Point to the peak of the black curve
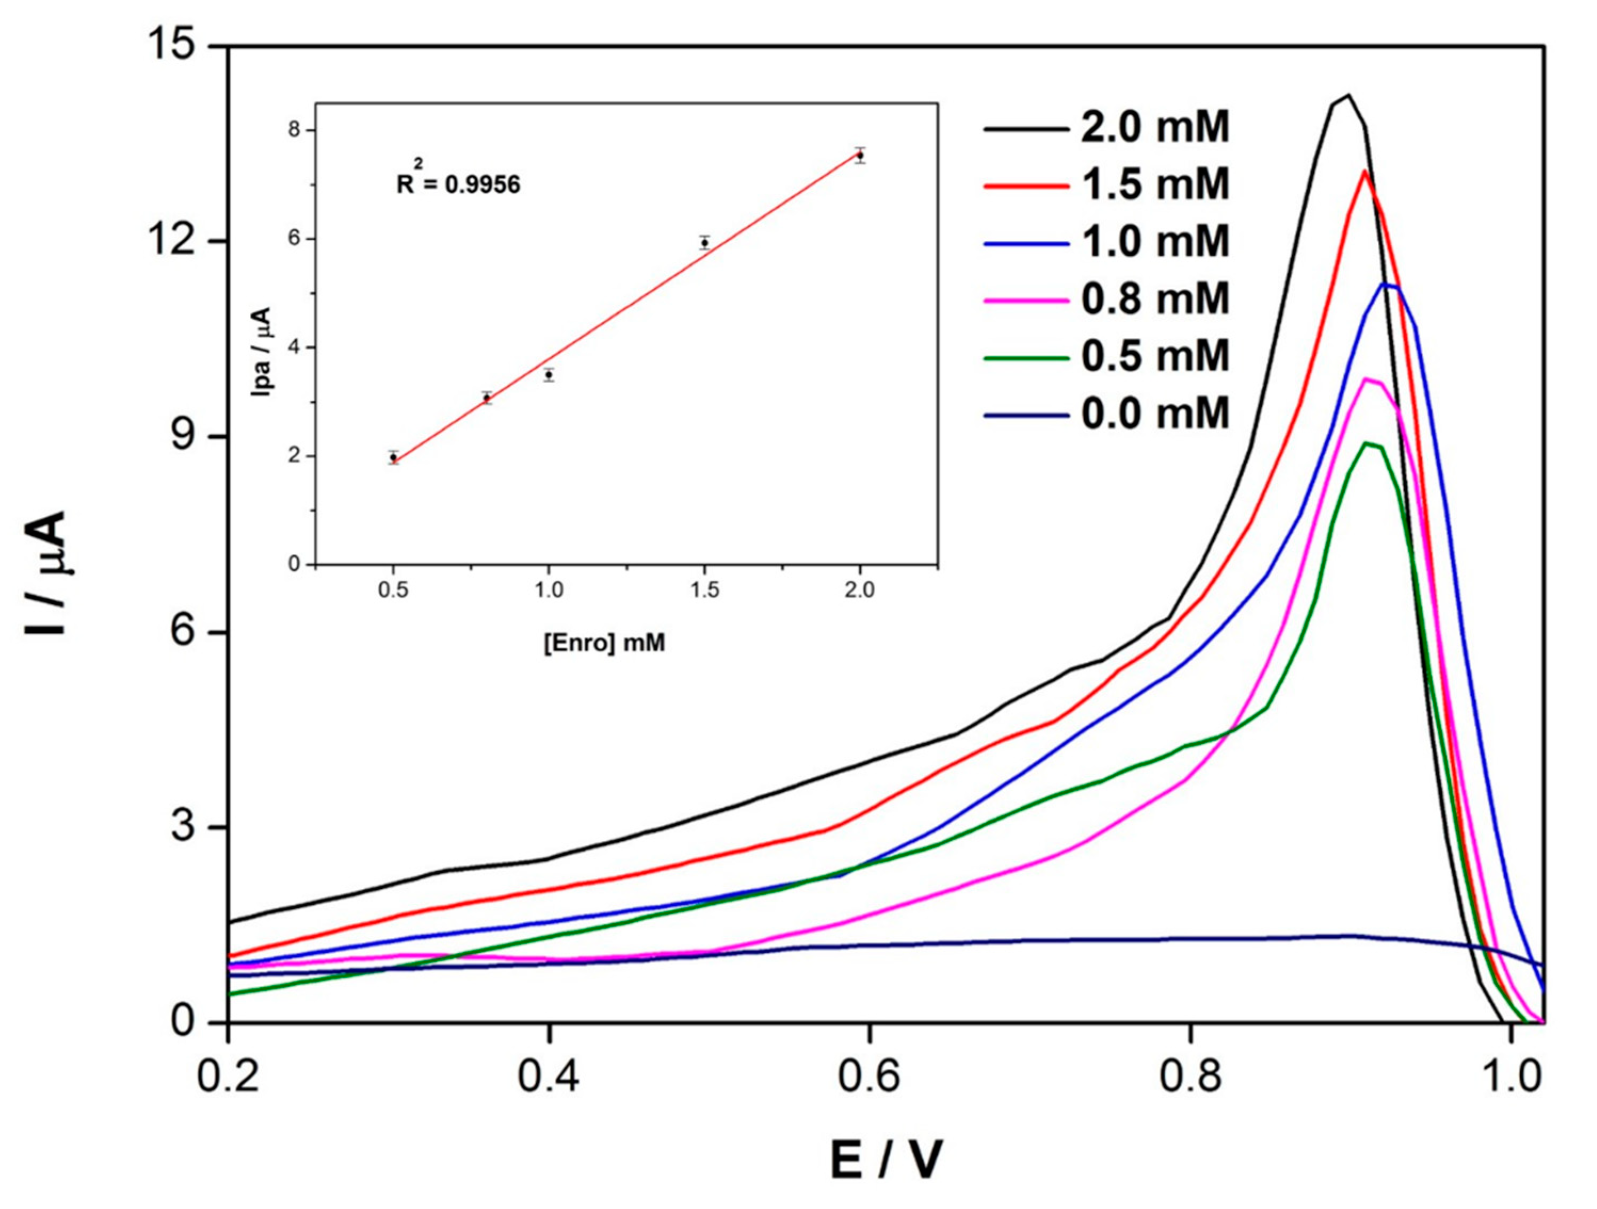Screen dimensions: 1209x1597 (1347, 116)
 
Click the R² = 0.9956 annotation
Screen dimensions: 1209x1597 (458, 183)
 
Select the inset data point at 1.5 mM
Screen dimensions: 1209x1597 (705, 242)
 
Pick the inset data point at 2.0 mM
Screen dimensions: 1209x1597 (860, 155)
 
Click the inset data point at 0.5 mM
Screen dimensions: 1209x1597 (393, 457)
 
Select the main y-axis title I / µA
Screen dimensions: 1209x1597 (46, 573)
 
